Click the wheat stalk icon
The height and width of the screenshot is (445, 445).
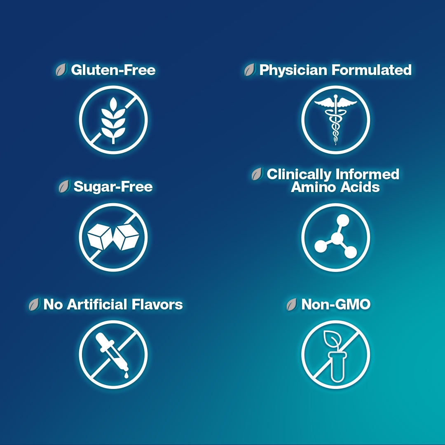(x=113, y=120)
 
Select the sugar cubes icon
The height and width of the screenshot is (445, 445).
(x=113, y=237)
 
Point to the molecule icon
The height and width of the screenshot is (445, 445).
(x=336, y=237)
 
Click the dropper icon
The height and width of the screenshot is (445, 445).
(x=112, y=355)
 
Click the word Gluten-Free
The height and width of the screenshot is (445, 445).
(x=113, y=70)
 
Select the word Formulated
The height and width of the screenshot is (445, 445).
(x=372, y=70)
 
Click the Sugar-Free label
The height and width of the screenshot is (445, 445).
(x=113, y=187)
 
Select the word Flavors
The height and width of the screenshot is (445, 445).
(x=157, y=304)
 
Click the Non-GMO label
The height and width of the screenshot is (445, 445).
(x=336, y=304)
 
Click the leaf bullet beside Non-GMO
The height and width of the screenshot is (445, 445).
(x=292, y=304)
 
